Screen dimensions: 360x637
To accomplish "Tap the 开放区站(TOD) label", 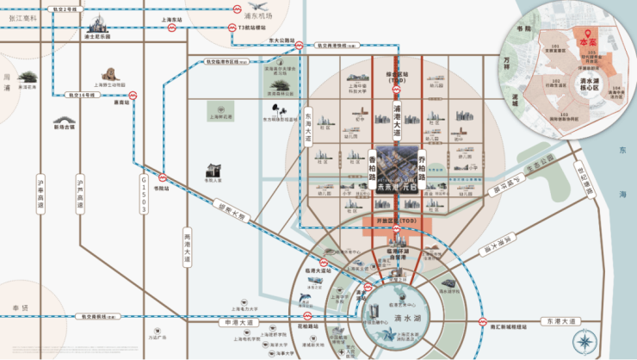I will [x=398, y=221].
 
